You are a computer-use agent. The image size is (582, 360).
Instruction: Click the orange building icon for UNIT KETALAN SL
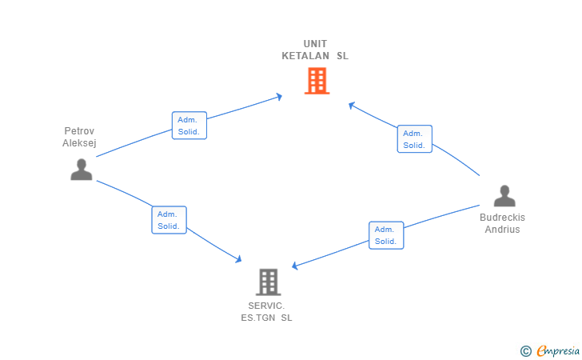(317, 81)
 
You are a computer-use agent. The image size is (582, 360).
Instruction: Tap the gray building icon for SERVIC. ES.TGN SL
(269, 282)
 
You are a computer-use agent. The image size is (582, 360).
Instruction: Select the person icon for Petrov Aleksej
(81, 170)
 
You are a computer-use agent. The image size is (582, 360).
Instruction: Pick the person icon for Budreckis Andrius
(504, 196)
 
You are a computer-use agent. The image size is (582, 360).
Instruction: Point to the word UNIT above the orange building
(315, 44)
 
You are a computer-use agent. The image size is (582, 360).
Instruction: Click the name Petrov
(80, 131)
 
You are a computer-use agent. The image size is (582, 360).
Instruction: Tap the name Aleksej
(80, 143)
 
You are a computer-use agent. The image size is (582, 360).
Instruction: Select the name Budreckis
(502, 218)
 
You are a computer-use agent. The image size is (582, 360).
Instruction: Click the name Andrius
(502, 230)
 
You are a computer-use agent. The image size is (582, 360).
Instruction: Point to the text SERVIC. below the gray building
(267, 306)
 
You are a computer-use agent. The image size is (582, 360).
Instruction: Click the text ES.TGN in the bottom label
(257, 318)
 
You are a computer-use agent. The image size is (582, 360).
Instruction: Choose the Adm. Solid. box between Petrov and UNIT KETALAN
(189, 126)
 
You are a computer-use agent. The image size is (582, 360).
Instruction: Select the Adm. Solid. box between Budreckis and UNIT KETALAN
(414, 139)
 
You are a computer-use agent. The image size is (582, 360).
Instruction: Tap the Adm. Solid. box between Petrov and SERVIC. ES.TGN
(169, 220)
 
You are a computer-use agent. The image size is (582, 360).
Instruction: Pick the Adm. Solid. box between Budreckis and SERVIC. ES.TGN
(386, 235)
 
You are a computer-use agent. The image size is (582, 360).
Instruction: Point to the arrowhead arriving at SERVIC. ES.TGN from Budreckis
(295, 266)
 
